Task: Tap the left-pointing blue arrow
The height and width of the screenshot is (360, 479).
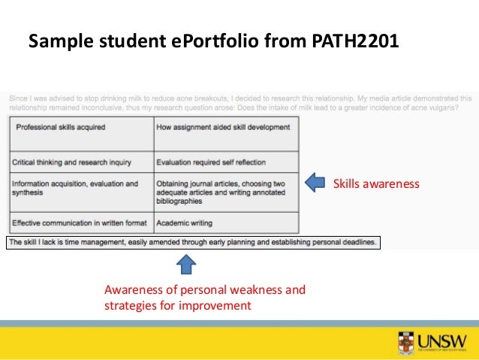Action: (316, 183)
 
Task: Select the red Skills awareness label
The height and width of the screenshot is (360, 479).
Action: (376, 183)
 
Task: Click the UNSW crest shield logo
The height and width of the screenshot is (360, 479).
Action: (405, 343)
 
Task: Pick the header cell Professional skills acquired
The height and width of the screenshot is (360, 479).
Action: (61, 127)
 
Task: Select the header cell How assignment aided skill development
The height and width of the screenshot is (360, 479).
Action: (223, 127)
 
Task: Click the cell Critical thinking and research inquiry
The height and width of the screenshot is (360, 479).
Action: (72, 162)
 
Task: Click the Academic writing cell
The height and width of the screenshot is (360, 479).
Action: (185, 222)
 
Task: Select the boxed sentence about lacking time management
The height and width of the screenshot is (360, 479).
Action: (194, 242)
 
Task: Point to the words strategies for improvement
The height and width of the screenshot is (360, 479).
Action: (177, 306)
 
